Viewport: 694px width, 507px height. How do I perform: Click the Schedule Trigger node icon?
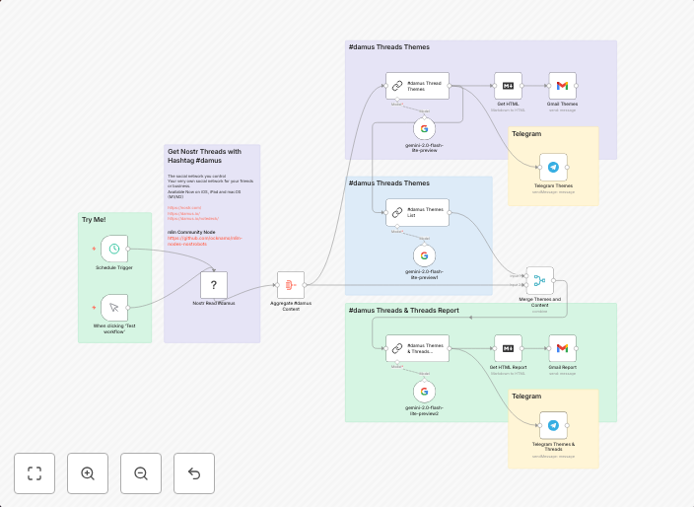[x=115, y=249]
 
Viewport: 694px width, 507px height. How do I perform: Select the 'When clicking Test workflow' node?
[x=115, y=307]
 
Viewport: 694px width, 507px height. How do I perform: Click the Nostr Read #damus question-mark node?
[x=215, y=285]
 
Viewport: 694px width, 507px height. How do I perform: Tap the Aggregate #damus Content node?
[x=291, y=285]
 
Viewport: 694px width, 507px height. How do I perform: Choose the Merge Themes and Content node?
[x=540, y=280]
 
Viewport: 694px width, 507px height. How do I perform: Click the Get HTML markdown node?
[x=509, y=86]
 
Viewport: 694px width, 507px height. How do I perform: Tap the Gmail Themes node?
[x=562, y=86]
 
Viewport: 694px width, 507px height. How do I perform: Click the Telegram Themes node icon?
[x=553, y=167]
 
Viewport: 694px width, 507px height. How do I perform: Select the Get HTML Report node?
[x=509, y=347]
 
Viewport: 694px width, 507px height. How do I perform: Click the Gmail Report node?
[x=562, y=347]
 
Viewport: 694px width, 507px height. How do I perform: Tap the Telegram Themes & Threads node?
[x=553, y=425]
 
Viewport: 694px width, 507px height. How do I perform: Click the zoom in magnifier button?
[x=88, y=473]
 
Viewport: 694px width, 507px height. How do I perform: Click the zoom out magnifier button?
[x=141, y=473]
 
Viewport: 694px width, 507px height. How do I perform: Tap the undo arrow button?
[x=194, y=473]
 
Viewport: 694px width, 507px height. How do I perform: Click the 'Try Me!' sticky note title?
[x=94, y=219]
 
